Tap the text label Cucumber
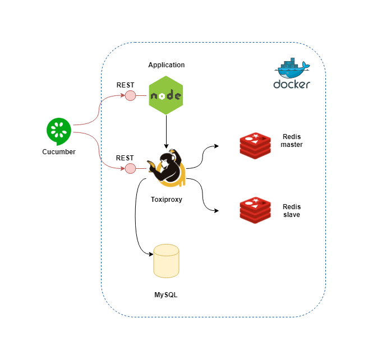tap(58, 152)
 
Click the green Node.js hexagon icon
tap(166, 96)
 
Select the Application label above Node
tap(166, 65)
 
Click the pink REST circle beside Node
tap(130, 96)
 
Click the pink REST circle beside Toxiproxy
tap(130, 168)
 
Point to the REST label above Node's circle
tap(125, 85)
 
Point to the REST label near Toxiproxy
tap(125, 158)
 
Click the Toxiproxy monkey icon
tap(166, 167)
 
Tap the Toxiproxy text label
tap(166, 199)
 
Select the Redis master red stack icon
tap(255, 144)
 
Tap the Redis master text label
tap(292, 141)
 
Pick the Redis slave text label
tap(292, 210)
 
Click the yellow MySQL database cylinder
tap(166, 261)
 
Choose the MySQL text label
tap(166, 294)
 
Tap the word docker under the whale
tap(291, 85)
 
